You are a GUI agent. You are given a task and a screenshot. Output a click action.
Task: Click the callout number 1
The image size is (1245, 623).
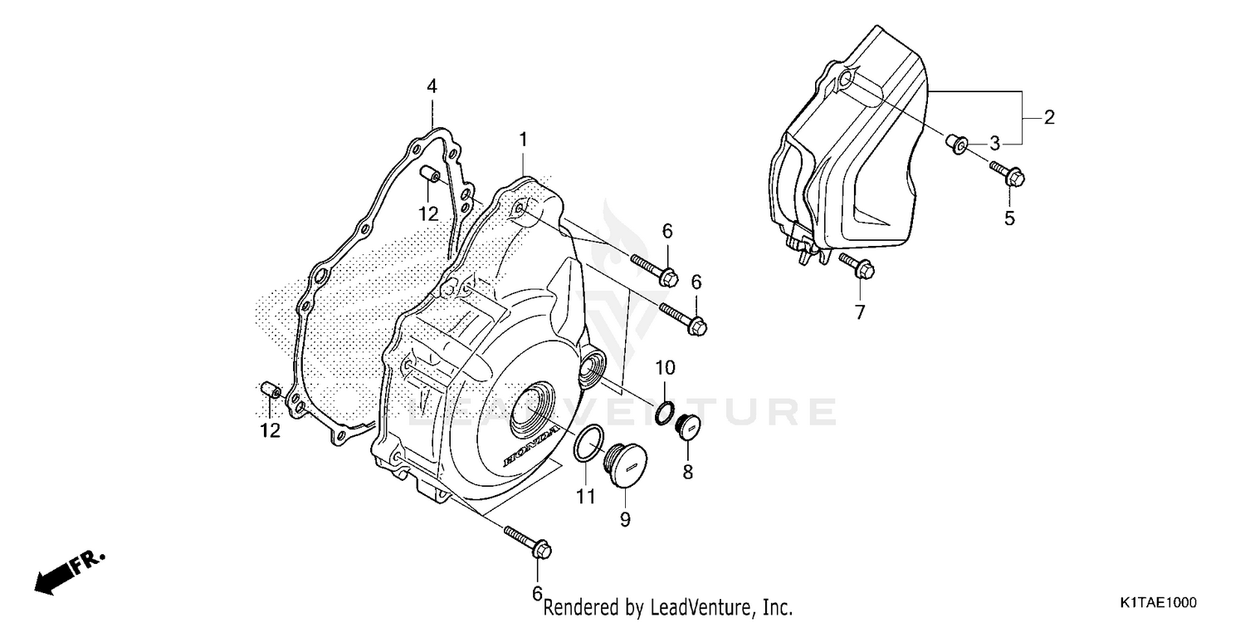(524, 140)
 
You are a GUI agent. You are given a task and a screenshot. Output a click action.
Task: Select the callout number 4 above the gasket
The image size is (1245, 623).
(432, 86)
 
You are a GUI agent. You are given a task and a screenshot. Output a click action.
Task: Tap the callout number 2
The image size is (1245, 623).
(1049, 117)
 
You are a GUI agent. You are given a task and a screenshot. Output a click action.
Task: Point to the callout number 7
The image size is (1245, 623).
(860, 312)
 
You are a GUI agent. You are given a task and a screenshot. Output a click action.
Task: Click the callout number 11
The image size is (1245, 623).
(587, 497)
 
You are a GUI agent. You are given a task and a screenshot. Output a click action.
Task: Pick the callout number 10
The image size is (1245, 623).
(666, 367)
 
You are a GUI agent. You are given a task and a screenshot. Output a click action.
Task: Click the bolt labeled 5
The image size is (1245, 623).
(1008, 174)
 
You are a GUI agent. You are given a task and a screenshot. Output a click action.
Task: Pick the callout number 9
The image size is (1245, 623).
(625, 520)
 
